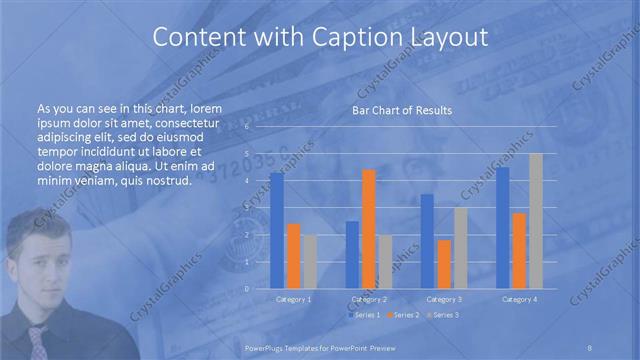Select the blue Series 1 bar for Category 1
tap(277, 231)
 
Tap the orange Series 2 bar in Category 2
tap(369, 229)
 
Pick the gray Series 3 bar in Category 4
tap(536, 221)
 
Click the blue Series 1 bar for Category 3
tap(427, 241)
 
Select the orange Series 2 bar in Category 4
tap(519, 250)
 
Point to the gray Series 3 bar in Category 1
tap(310, 261)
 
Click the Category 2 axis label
tap(369, 299)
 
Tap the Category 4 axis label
tap(519, 299)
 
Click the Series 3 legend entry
tap(443, 315)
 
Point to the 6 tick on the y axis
tap(247, 128)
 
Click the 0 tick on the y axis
tap(247, 289)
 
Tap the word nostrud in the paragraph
tap(161, 181)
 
